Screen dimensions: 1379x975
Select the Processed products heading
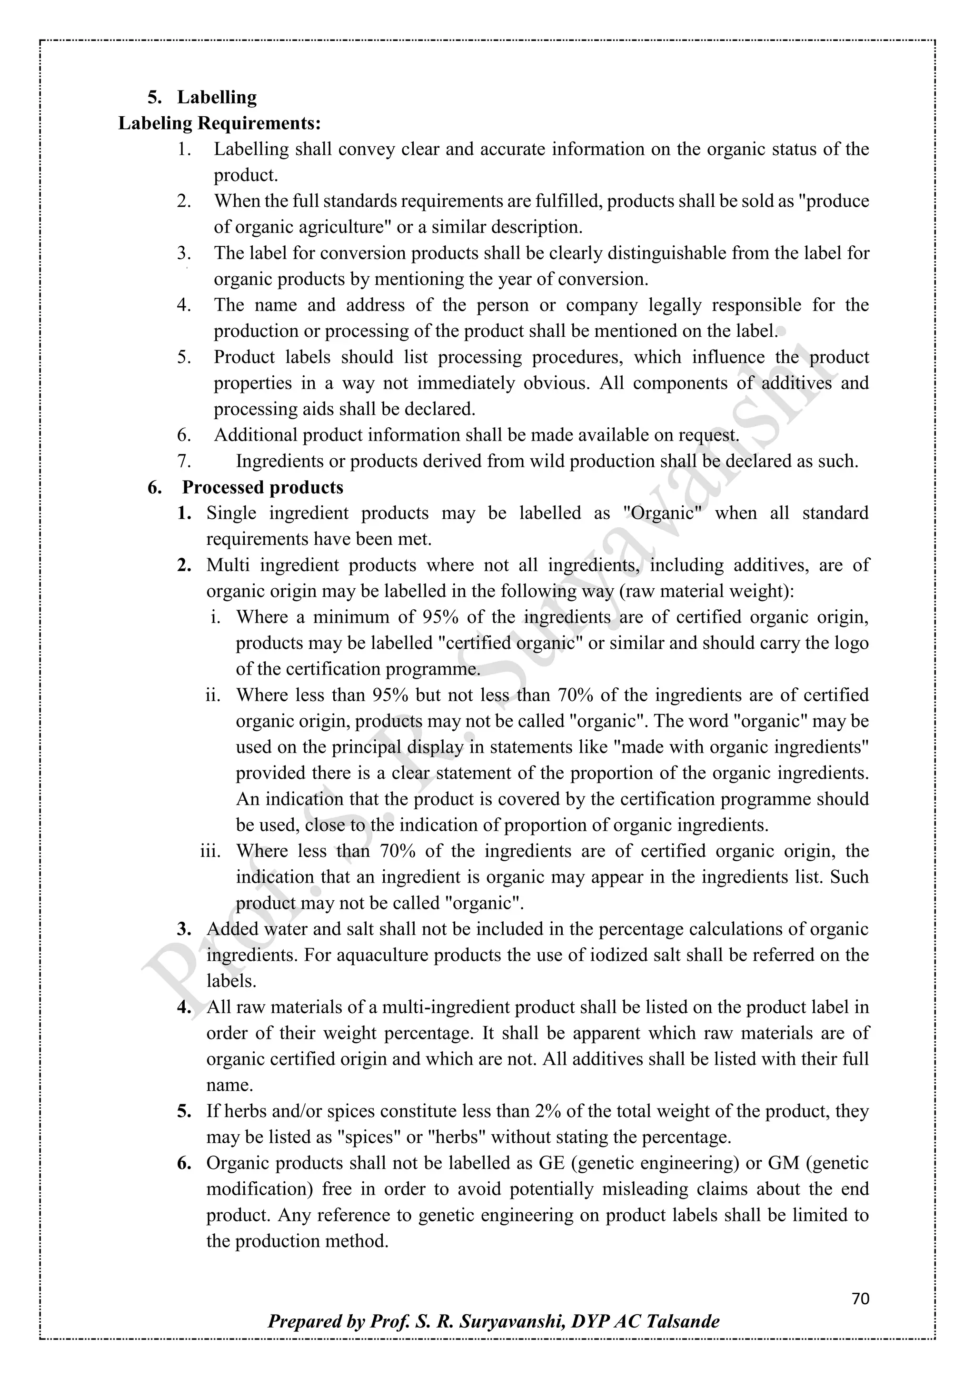262,487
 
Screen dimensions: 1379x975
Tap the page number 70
860,1299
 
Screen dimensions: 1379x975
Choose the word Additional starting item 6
255,435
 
